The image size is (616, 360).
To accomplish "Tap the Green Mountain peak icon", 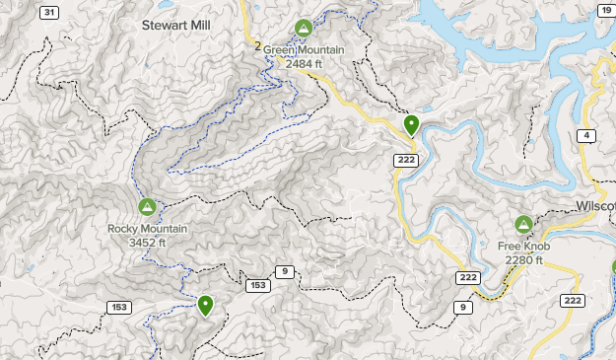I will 304,29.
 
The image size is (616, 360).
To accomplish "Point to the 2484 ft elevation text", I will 304,62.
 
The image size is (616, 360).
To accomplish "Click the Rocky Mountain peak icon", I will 147,208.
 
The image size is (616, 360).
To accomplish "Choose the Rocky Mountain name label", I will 147,229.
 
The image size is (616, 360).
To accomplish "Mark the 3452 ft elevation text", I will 147,243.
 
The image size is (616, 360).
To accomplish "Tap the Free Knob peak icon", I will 523,225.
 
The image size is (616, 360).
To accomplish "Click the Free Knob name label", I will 523,246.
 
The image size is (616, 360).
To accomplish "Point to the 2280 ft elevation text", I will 524,259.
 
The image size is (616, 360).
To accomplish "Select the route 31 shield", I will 50,13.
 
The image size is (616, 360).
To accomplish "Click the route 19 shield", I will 603,13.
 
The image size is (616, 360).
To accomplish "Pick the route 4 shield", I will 587,135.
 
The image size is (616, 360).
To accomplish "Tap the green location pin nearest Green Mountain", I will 411,125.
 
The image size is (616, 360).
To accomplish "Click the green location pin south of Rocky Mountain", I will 205,306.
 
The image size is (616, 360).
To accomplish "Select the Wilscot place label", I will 594,206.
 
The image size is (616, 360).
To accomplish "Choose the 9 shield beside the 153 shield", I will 285,271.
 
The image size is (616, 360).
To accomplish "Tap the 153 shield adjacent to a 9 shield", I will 258,285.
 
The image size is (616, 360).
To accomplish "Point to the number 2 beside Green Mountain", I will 256,46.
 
